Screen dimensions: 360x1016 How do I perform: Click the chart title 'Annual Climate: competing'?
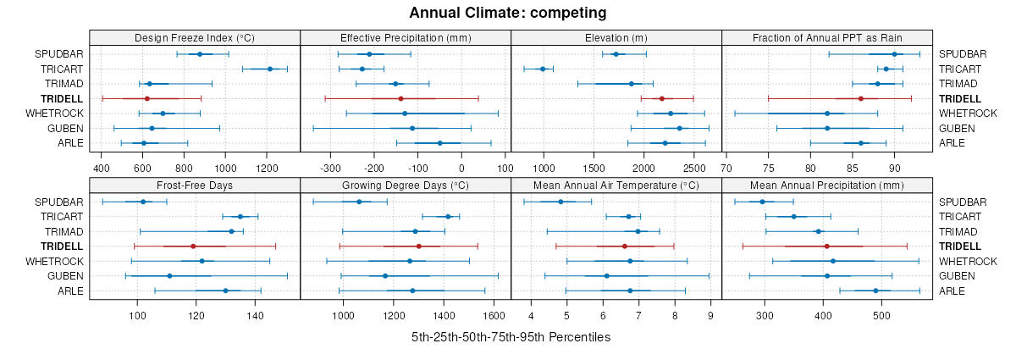click(508, 13)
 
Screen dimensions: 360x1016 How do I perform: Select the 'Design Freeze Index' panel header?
click(195, 38)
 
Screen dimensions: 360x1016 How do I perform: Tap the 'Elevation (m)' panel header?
click(616, 38)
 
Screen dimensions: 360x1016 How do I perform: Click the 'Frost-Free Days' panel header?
click(195, 186)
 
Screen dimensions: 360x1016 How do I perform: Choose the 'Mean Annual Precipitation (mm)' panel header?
click(826, 186)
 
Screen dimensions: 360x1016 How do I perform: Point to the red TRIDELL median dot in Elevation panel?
click(662, 99)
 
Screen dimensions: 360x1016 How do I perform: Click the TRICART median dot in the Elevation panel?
click(543, 69)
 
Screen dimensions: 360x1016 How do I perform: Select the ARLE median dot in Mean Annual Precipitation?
click(875, 291)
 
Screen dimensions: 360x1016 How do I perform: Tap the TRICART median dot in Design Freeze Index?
click(270, 69)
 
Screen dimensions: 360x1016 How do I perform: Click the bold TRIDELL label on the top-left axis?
click(61, 99)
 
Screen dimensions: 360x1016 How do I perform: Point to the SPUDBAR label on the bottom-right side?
click(963, 202)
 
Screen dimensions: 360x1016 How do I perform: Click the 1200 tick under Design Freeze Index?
click(267, 168)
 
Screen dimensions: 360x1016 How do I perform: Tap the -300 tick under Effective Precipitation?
click(331, 168)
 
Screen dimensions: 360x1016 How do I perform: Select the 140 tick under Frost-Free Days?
click(256, 316)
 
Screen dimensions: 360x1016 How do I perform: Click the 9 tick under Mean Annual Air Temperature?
click(710, 316)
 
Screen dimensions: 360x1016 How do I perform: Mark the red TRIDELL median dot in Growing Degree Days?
click(418, 246)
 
